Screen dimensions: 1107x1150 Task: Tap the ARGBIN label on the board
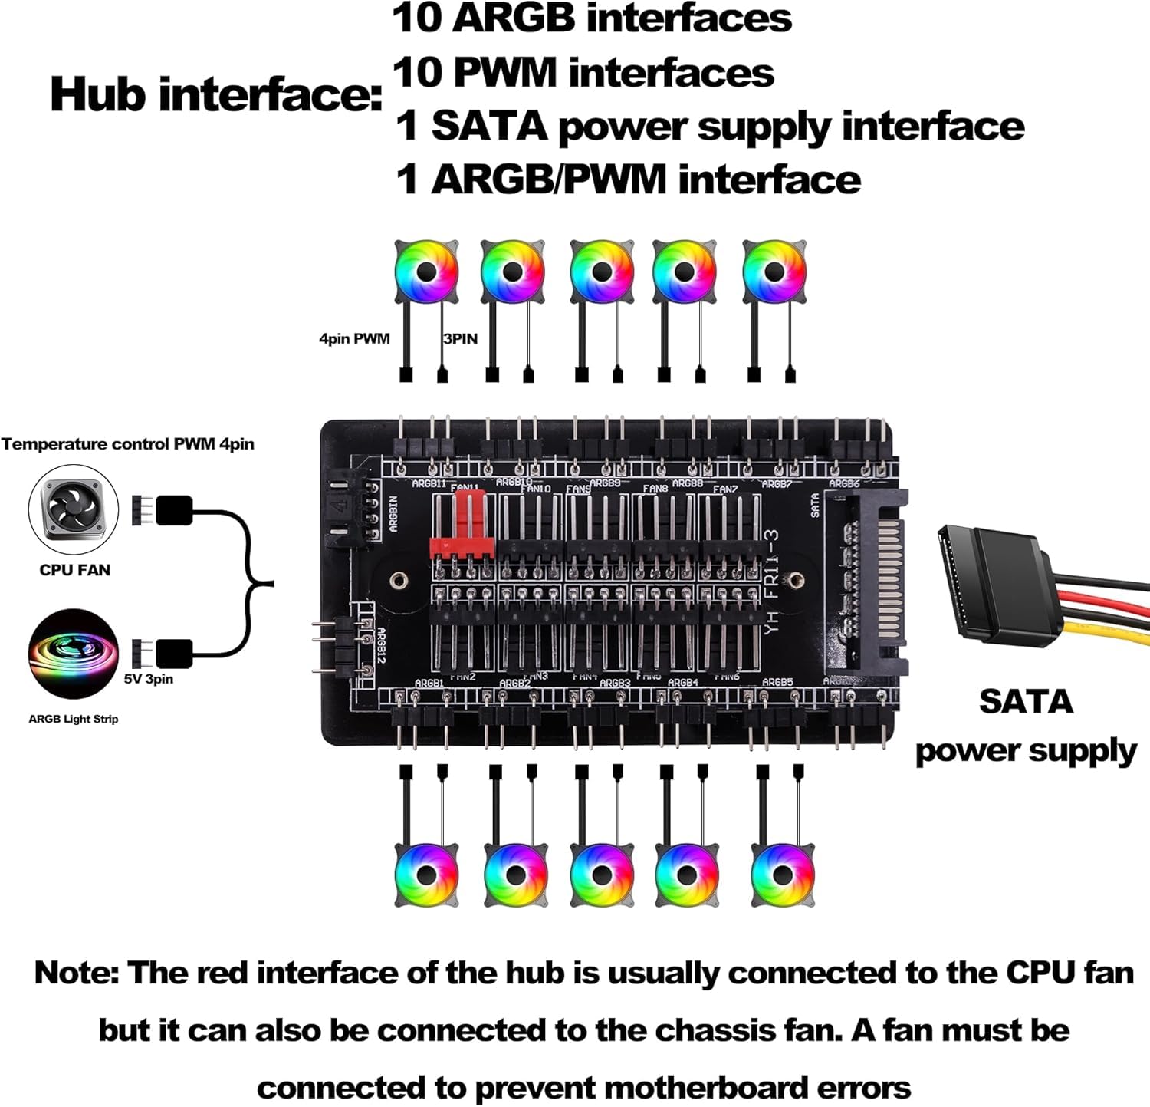(x=393, y=513)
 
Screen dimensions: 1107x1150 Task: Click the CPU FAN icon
(x=74, y=510)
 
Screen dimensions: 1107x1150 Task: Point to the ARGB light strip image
(x=74, y=654)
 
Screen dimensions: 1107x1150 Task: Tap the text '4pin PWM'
(x=354, y=338)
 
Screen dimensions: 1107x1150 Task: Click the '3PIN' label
(x=460, y=338)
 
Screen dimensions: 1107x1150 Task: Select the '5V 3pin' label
(x=149, y=679)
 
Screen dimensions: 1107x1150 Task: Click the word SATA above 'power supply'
(x=1026, y=702)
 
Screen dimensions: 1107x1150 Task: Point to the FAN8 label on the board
(x=655, y=489)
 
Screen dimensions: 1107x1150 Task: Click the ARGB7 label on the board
(x=777, y=484)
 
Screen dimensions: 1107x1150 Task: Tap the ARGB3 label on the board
(x=615, y=683)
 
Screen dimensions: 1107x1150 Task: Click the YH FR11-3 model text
(x=772, y=583)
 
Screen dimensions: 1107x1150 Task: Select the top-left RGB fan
(x=426, y=272)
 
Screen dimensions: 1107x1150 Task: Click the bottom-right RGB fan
(x=783, y=875)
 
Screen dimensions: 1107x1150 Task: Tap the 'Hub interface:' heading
(x=215, y=95)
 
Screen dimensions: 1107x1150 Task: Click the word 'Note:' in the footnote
(x=77, y=973)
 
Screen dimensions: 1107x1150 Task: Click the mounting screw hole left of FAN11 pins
(x=398, y=580)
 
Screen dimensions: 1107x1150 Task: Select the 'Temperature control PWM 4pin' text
(x=128, y=444)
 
